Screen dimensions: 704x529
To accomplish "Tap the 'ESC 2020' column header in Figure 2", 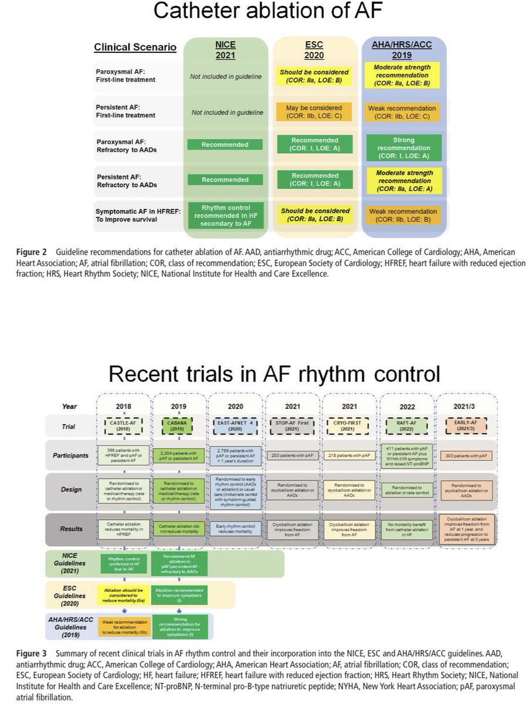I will (x=314, y=50).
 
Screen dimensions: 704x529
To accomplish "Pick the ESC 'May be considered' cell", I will (x=314, y=111).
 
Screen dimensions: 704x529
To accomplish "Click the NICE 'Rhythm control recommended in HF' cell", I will (x=225, y=214).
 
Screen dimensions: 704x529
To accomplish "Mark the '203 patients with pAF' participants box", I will (x=292, y=455).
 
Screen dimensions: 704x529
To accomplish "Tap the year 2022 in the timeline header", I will (x=407, y=405).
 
